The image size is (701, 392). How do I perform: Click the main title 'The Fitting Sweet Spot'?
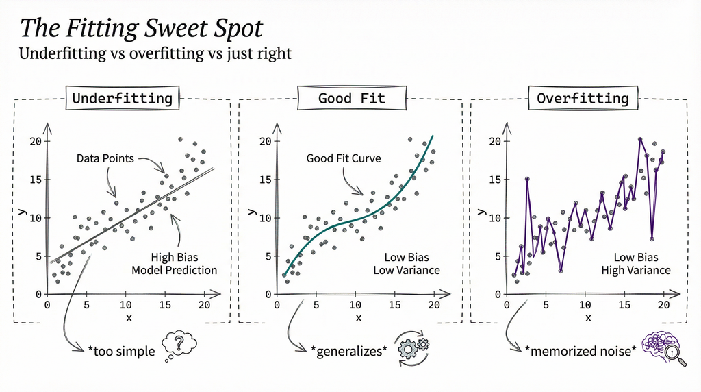pos(141,27)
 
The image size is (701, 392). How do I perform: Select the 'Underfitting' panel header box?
pos(123,98)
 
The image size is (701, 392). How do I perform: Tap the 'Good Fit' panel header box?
pos(351,98)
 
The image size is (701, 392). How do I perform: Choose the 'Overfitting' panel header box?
pos(583,98)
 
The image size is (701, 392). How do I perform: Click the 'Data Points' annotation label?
pos(105,158)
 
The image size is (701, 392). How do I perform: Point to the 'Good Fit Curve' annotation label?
pos(344,158)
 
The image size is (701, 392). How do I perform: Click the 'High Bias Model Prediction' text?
pos(174,264)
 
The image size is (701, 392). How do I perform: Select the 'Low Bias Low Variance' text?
pos(406,264)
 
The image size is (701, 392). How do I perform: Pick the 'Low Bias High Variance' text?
pos(636,264)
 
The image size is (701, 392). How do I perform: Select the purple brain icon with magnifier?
pos(661,347)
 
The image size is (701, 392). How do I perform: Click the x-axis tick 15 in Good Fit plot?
pos(394,304)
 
